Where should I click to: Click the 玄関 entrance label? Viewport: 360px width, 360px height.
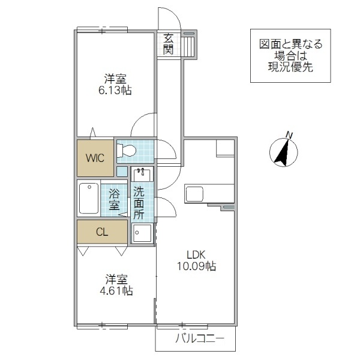pyautogui.click(x=169, y=44)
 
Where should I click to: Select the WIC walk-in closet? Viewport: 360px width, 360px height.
pyautogui.click(x=95, y=158)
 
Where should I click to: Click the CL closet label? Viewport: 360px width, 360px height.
pyautogui.click(x=102, y=232)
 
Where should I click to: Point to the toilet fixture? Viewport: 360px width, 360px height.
pyautogui.click(x=127, y=150)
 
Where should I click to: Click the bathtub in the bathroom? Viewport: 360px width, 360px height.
pyautogui.click(x=88, y=199)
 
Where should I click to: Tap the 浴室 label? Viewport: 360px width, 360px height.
pyautogui.click(x=114, y=199)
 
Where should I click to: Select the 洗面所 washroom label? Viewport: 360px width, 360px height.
pyautogui.click(x=139, y=203)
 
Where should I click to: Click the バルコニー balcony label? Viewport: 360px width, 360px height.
pyautogui.click(x=199, y=340)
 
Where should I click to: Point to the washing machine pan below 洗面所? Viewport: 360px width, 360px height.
pyautogui.click(x=143, y=233)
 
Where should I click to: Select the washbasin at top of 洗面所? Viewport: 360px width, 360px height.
pyautogui.click(x=142, y=175)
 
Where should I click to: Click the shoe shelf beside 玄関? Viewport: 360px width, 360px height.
pyautogui.click(x=189, y=45)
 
